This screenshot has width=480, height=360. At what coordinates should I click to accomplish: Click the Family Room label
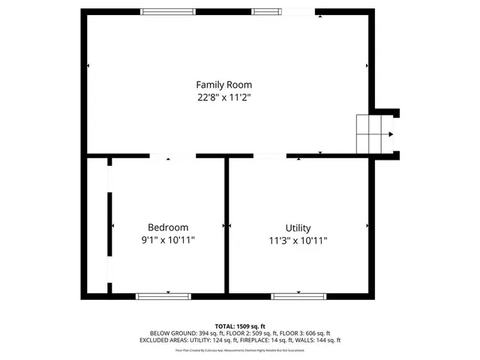click(223, 85)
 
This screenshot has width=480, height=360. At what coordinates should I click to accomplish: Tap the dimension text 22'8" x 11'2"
click(223, 97)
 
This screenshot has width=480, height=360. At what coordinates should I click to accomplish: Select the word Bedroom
click(167, 227)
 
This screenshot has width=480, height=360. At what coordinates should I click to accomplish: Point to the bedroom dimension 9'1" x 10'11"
click(167, 240)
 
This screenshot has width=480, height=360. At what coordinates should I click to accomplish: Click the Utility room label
click(298, 228)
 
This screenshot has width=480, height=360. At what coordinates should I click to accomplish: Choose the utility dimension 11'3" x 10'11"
click(298, 241)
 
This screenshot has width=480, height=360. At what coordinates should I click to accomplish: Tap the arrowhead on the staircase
click(390, 135)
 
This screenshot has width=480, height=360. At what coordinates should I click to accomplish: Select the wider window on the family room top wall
click(169, 11)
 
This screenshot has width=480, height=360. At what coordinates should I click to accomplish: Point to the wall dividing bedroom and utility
click(226, 225)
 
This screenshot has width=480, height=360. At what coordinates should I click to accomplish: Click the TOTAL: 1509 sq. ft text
click(239, 326)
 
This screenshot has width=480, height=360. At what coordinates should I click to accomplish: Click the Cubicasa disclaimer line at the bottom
click(239, 350)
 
